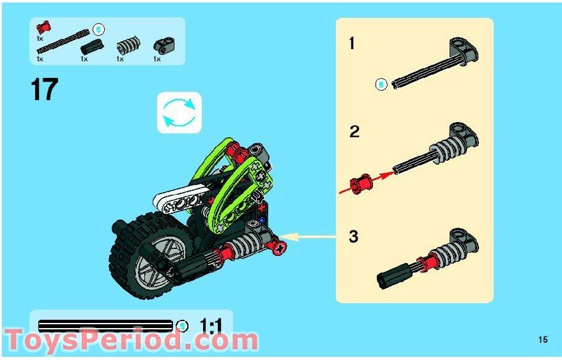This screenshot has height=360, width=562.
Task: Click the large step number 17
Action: [45, 89]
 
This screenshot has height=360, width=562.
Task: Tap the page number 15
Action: [543, 339]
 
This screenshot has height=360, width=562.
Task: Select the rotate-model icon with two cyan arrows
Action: [179, 112]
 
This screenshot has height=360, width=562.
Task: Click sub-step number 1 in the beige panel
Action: [352, 43]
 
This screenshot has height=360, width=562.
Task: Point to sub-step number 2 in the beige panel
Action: [354, 132]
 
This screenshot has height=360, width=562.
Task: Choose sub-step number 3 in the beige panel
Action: [353, 237]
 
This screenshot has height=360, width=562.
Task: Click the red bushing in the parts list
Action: [43, 27]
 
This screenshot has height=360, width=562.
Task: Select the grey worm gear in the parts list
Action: [128, 45]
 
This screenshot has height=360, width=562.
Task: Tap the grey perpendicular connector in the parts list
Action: [163, 45]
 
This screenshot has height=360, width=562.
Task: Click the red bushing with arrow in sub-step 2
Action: [361, 184]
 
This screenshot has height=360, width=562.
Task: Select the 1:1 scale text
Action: [211, 326]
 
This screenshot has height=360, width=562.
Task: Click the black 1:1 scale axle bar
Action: [105, 326]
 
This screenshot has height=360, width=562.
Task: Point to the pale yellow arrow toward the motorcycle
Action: [308, 236]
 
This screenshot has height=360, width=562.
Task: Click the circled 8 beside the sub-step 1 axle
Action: [381, 85]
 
